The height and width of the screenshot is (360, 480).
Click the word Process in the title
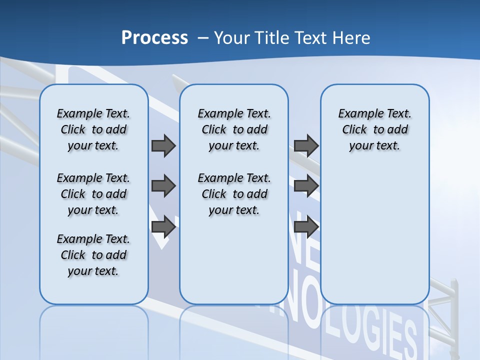pos(154,38)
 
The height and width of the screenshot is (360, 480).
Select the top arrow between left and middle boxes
pos(163,145)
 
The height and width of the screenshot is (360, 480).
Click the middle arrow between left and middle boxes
pos(163,186)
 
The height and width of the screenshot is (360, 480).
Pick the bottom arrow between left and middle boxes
pos(163,227)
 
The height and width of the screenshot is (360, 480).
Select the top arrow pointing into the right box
pos(305,145)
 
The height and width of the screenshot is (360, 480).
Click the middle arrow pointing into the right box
pos(305,186)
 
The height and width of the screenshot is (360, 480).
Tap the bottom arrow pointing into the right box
pos(305,227)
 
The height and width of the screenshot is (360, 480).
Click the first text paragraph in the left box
pos(93,129)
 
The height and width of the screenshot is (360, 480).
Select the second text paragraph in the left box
pos(93,194)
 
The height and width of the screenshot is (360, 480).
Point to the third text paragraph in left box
pos(93,255)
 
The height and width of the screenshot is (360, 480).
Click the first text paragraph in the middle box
pos(234,129)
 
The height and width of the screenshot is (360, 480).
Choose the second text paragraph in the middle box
pos(234,194)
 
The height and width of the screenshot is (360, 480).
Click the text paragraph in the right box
pos(374,129)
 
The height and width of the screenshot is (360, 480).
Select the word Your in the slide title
pos(231,38)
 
